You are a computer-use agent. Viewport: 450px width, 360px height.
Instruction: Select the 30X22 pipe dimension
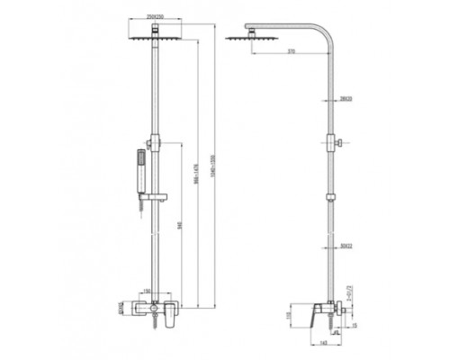click(x=346, y=244)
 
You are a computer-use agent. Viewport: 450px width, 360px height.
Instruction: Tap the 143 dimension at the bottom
click(x=322, y=344)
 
